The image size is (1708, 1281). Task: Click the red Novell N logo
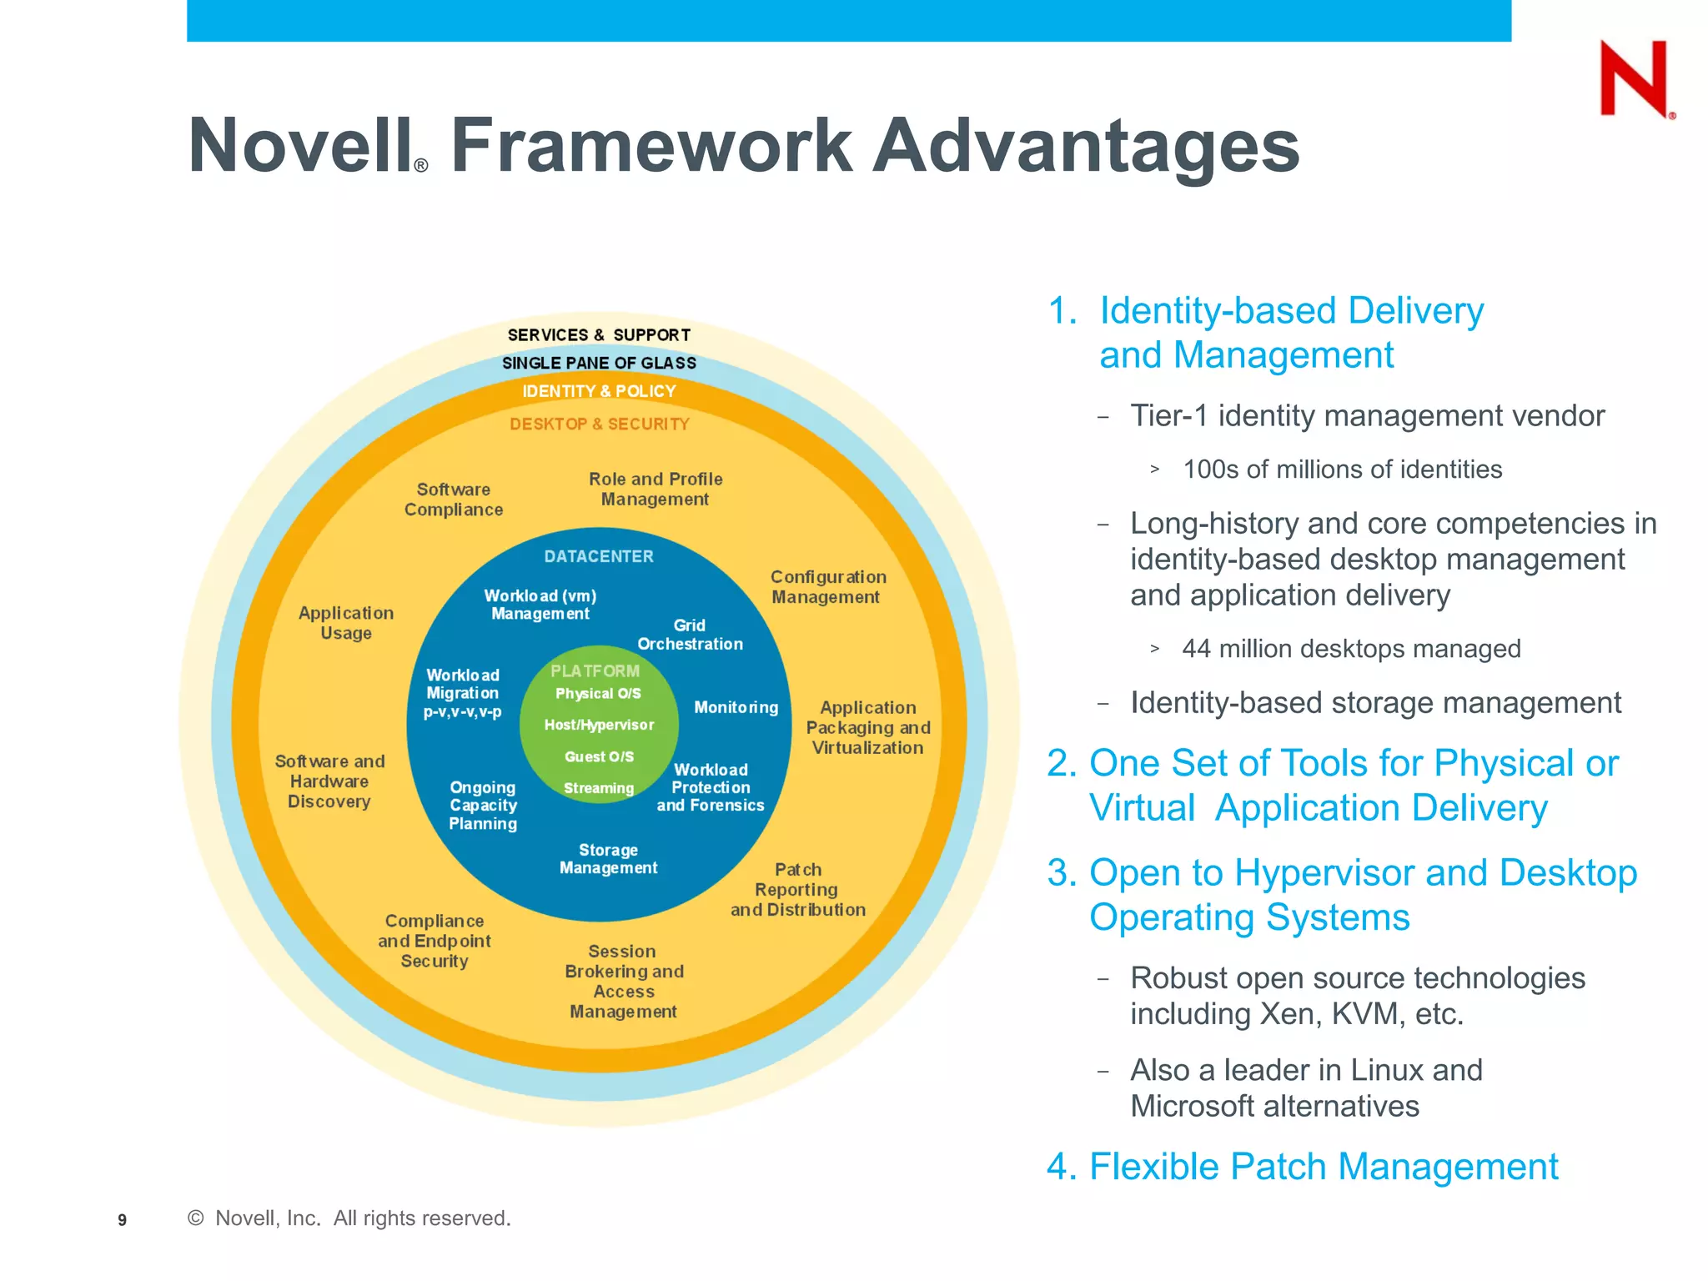tap(1634, 79)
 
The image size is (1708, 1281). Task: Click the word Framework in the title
tap(651, 146)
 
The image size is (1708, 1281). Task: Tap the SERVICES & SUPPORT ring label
tap(599, 335)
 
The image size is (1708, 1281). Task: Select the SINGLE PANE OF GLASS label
tap(599, 363)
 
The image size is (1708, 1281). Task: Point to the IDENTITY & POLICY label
tap(599, 391)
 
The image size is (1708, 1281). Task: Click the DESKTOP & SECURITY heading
tap(599, 424)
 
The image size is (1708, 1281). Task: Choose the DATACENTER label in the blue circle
tap(599, 556)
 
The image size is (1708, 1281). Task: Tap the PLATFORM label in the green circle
tap(595, 671)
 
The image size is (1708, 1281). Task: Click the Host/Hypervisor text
tap(599, 725)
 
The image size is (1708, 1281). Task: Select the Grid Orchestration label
tap(690, 635)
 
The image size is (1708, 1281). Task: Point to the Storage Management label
tap(608, 859)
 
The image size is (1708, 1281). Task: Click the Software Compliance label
tap(454, 500)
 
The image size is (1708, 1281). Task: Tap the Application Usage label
tap(346, 623)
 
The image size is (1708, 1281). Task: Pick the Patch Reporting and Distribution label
tap(798, 890)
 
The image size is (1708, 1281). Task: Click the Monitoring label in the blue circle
tap(736, 707)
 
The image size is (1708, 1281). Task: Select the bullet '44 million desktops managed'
tap(1351, 649)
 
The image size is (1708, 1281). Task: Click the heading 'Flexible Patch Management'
tap(1323, 1167)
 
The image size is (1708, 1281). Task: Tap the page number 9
tap(123, 1220)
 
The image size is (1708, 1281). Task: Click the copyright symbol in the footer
tap(196, 1218)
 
